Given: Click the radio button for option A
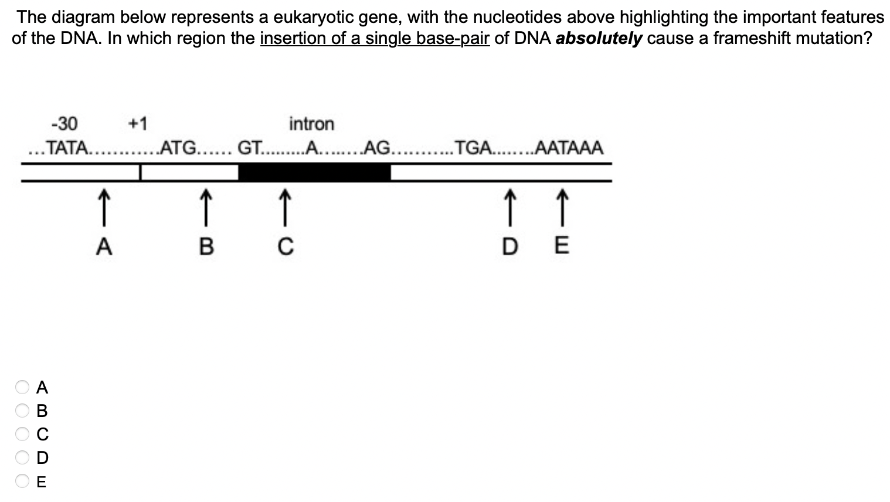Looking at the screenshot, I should tap(22, 387).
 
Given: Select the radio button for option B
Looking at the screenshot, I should tap(22, 411).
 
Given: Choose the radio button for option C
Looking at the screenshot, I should tap(22, 434).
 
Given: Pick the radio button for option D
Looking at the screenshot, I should tap(22, 457).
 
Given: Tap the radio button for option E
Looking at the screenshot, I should tap(22, 481).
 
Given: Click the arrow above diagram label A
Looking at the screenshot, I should tap(103, 206).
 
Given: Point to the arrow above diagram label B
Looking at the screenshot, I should tap(206, 206).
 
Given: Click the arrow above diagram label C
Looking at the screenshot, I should tap(284, 206).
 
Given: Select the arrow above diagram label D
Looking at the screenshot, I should tap(510, 206).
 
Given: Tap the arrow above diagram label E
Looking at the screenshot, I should tap(562, 206).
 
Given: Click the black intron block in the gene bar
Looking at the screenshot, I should tap(315, 172).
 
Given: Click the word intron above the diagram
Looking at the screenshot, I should tap(311, 124).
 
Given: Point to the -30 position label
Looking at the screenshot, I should tap(64, 124).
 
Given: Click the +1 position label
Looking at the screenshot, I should tap(138, 124).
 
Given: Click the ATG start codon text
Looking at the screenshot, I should tap(180, 148).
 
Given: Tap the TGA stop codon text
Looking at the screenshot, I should tap(474, 148).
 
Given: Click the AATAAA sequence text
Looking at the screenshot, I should tap(569, 148).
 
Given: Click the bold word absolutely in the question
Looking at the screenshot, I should tap(599, 39).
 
